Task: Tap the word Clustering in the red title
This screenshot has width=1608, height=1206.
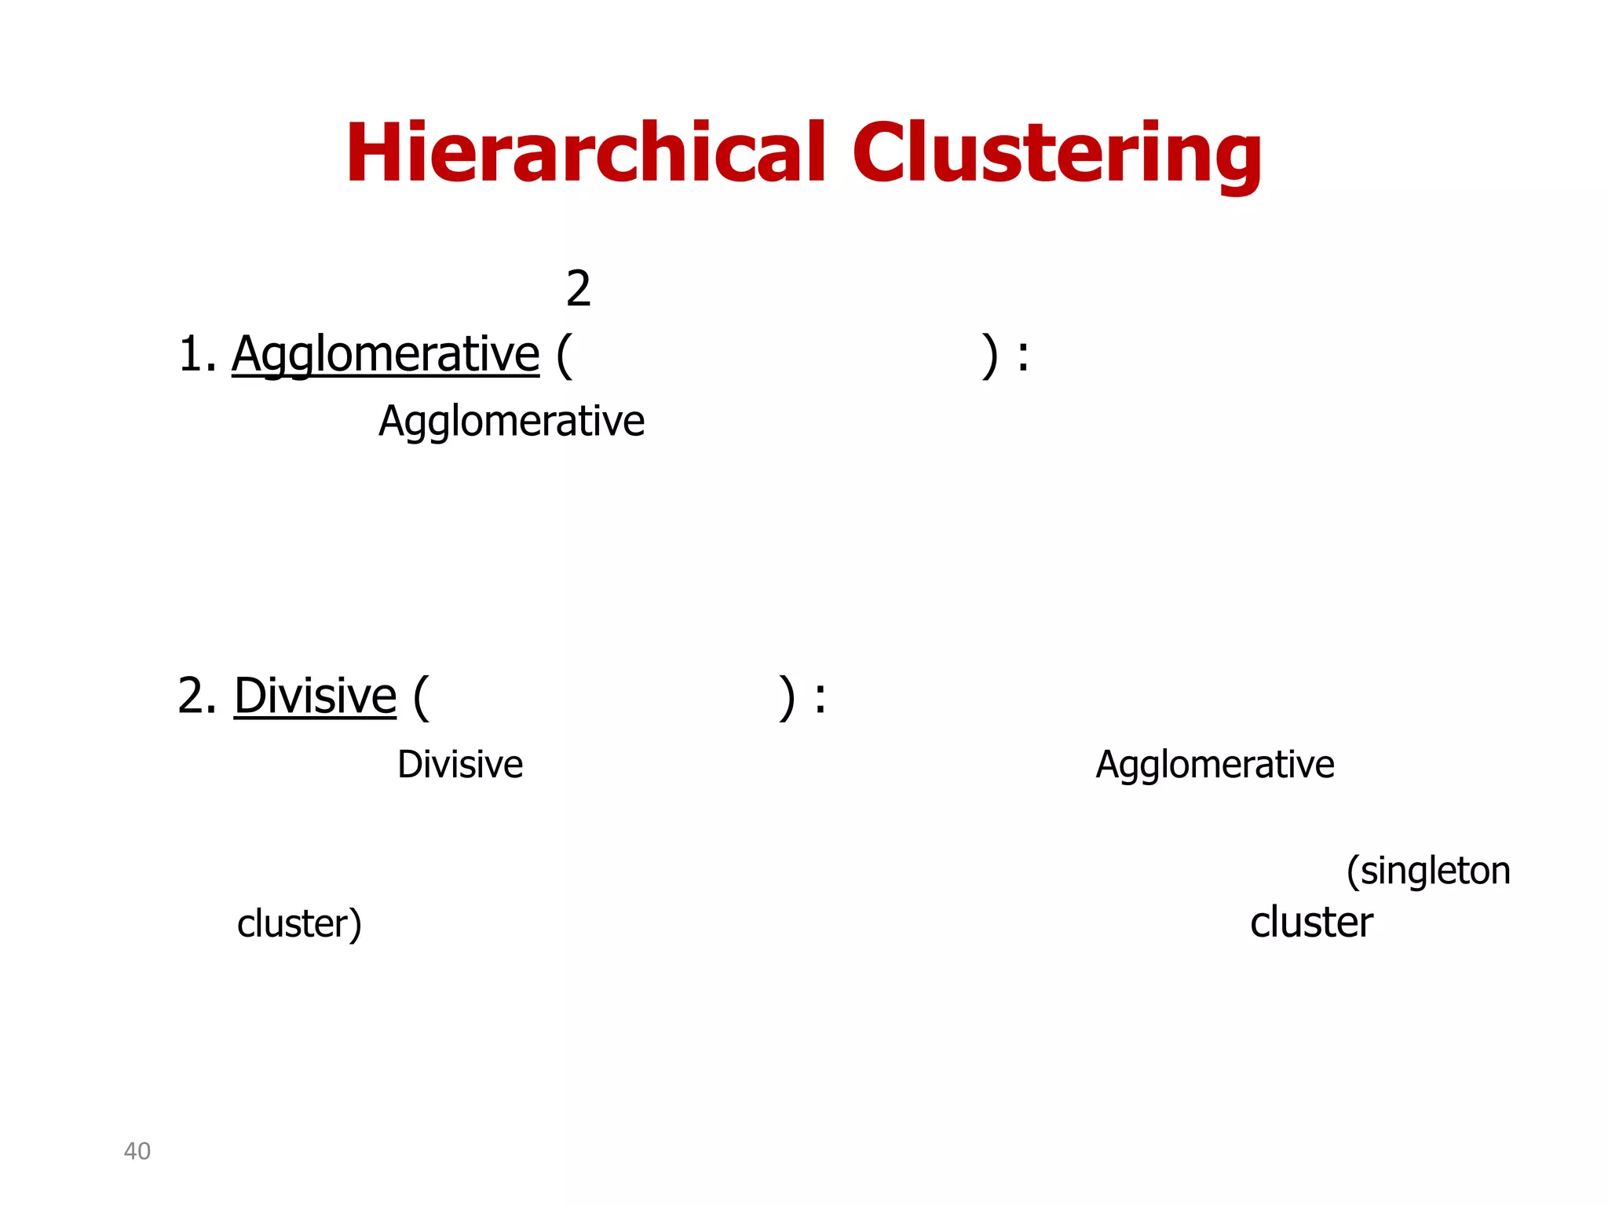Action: pos(1057,153)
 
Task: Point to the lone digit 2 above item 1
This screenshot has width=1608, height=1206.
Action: pos(578,289)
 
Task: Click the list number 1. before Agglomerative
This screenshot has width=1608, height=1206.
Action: pos(197,354)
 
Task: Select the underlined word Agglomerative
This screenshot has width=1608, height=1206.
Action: pos(386,354)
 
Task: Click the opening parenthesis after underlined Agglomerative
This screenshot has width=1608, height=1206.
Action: pos(564,356)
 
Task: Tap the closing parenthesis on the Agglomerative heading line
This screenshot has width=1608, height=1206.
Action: pos(990,356)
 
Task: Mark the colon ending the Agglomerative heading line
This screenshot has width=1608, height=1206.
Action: pos(1022,357)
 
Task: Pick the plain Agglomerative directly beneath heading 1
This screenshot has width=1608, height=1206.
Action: pos(511,422)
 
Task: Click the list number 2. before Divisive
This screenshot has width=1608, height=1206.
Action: pos(196,696)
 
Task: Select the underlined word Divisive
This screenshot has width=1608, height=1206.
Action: pos(315,696)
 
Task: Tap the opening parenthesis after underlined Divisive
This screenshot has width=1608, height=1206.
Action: pos(421,697)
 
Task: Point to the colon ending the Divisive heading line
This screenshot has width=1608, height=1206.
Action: pos(820,699)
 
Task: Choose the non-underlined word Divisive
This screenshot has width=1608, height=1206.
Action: pos(460,765)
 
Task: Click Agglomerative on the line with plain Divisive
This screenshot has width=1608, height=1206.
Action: pos(1215,765)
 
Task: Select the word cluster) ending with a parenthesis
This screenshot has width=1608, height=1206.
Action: pos(299,924)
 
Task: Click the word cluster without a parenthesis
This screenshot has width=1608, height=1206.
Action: pos(1311,923)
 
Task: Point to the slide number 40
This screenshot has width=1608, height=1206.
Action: pos(137,1151)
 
